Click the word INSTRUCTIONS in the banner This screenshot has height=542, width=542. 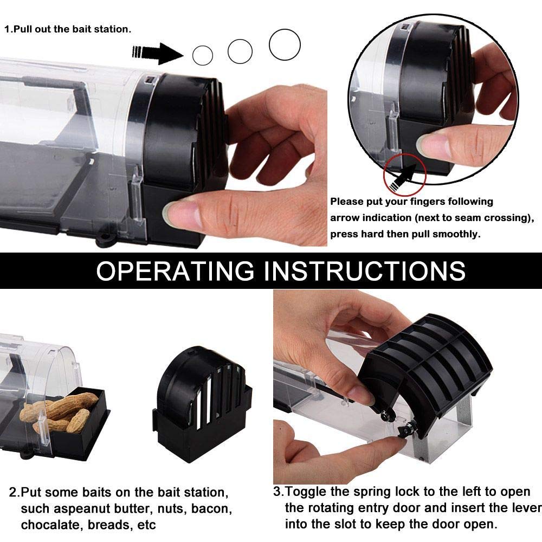point(365,270)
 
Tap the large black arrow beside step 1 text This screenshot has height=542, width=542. point(158,52)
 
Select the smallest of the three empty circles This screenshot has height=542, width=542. point(203,55)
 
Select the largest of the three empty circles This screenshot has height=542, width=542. point(285,44)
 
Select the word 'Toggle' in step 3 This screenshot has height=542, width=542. point(307,492)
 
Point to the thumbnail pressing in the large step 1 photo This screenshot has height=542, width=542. point(179,213)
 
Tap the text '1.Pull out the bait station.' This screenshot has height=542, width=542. point(68,29)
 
